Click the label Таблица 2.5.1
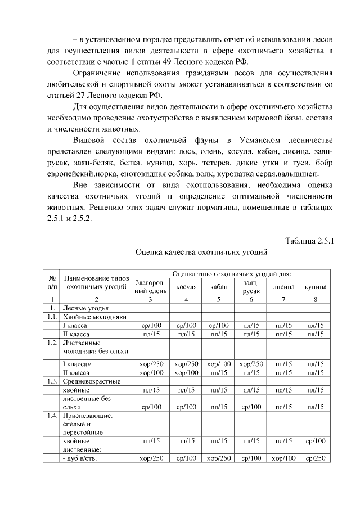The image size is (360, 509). coord(309,241)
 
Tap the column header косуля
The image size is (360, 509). coord(186,287)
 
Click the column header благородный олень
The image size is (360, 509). coord(150,287)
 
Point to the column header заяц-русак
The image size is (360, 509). coord(251,287)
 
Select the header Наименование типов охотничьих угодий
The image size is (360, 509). coord(97,282)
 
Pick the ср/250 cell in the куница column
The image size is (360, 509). coord(316,458)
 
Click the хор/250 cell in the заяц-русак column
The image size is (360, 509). coord(251,364)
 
